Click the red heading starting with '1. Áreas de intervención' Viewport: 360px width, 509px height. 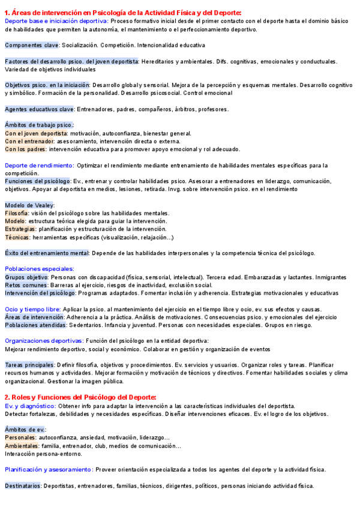point(123,13)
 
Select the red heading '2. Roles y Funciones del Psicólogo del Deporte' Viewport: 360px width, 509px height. point(80,397)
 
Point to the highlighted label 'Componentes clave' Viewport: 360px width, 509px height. point(32,45)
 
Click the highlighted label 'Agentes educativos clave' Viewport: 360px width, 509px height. point(39,109)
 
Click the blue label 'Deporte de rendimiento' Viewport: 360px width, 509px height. point(39,165)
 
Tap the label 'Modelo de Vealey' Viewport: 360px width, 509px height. point(29,205)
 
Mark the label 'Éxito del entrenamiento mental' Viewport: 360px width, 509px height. point(47,253)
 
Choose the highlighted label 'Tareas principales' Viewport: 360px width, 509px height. point(30,364)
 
